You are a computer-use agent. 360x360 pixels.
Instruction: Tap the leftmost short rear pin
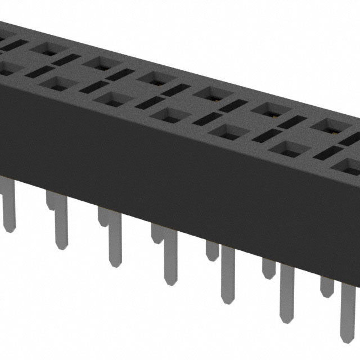click(x=51, y=200)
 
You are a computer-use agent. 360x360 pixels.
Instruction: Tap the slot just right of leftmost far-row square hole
click(x=67, y=58)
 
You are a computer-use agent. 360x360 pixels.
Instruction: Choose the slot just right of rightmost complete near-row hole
click(x=326, y=151)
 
